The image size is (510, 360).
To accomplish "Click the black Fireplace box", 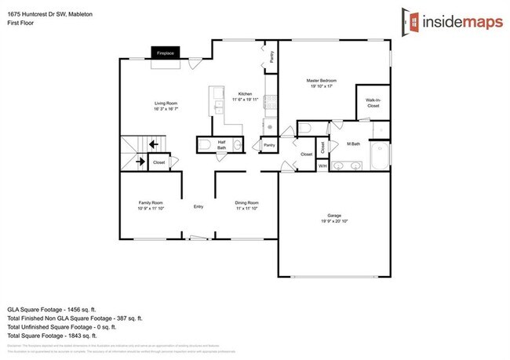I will coord(165,53).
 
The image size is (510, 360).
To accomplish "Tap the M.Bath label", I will coord(353,144).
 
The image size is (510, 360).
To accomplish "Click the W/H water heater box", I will coord(322,166).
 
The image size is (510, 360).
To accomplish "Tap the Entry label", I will coord(199,206).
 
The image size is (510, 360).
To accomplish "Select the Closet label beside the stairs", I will coord(159,162).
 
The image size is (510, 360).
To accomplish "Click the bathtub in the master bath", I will coord(380,157).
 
